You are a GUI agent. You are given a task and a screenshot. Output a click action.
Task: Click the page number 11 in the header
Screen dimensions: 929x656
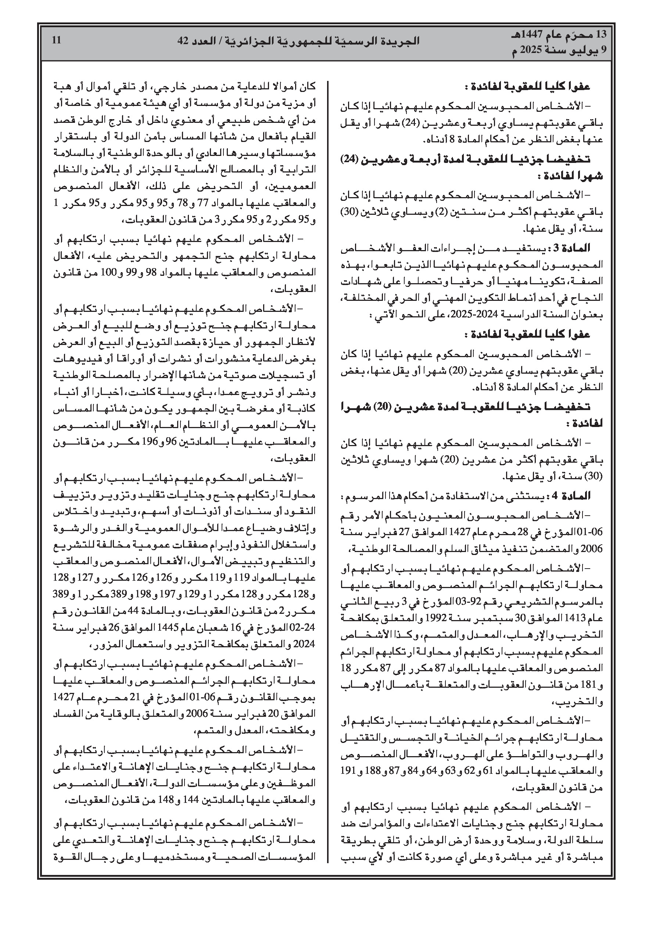(x=57, y=40)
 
